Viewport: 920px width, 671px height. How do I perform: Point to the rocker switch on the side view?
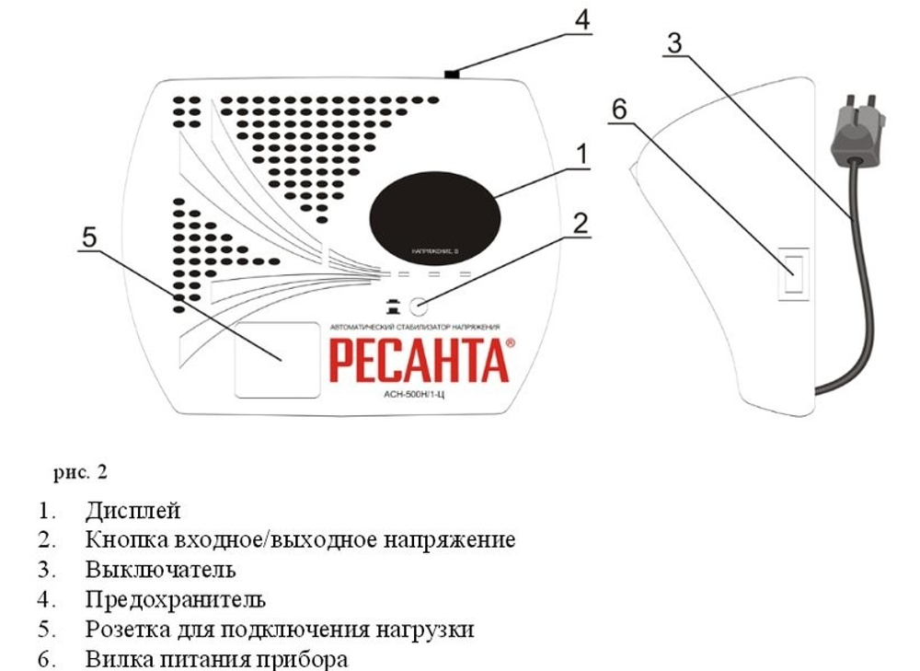(x=793, y=273)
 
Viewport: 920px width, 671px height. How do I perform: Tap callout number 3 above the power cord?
(x=676, y=43)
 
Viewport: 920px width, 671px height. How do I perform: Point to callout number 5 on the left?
(x=88, y=237)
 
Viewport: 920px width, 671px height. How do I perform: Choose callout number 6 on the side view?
(x=618, y=108)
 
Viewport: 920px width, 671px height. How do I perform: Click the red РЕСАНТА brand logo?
(x=419, y=361)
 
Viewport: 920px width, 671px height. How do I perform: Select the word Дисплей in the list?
(x=133, y=509)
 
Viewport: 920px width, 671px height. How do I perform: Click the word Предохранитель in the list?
(x=176, y=599)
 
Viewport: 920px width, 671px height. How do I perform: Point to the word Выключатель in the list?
(x=161, y=570)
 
